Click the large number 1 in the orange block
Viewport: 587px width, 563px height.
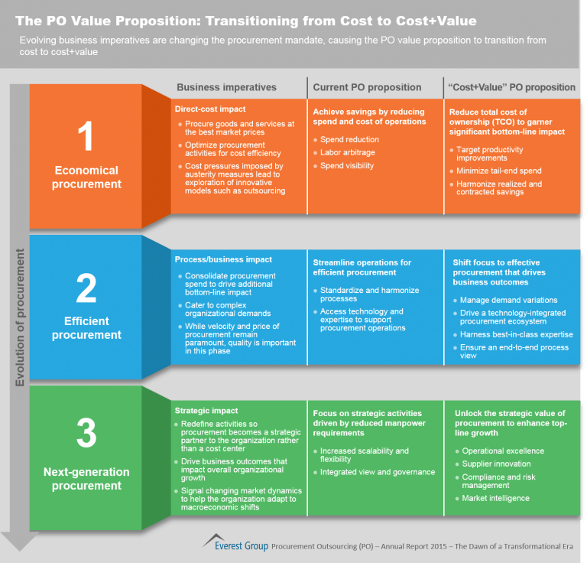pos(86,135)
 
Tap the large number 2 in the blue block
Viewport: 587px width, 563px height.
pos(86,288)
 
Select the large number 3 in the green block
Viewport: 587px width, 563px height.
pos(86,433)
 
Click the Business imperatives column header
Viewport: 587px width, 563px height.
pos(226,87)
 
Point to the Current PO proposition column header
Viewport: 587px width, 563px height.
pos(367,87)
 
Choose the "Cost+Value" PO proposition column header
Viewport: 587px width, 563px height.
pos(511,87)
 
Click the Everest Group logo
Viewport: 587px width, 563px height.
pos(235,543)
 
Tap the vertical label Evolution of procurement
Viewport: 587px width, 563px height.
pos(19,317)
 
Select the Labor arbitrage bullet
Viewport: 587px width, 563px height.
pos(348,152)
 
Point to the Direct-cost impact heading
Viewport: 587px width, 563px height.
pos(210,109)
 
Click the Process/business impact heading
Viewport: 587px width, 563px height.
pos(223,259)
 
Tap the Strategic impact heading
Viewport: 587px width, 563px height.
pos(206,411)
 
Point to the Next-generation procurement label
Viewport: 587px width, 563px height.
pos(86,479)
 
